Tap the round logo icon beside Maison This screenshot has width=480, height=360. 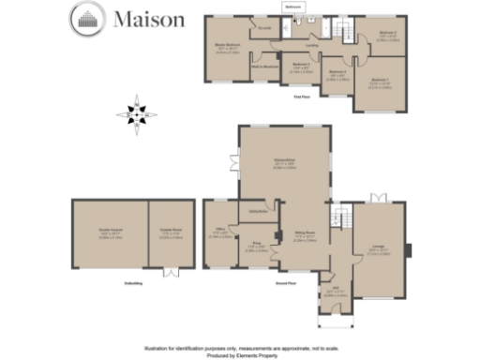click(88, 18)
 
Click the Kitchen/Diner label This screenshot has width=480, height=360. click(284, 163)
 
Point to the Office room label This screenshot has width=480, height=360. click(219, 232)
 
